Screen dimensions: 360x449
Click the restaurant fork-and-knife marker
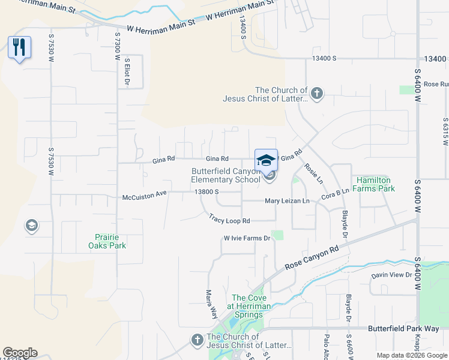point(19,47)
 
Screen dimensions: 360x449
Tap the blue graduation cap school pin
point(266,160)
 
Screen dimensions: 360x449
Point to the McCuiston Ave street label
point(144,195)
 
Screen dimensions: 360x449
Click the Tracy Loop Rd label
point(229,220)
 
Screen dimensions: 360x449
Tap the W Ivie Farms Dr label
point(248,238)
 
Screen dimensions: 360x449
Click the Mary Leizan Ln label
point(287,201)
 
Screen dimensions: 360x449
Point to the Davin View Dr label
point(391,275)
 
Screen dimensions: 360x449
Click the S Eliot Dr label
point(127,73)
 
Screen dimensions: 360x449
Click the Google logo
point(20,353)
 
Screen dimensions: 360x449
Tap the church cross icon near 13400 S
point(317,93)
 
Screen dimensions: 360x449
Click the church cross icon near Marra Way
point(196,340)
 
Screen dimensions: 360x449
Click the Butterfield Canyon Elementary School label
point(226,175)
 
